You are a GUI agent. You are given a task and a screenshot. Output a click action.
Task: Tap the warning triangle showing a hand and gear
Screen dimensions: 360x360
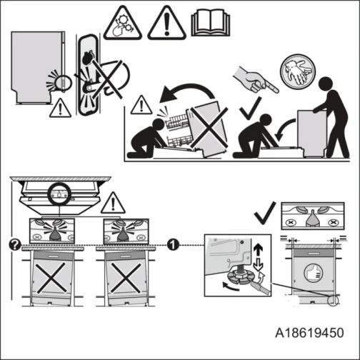pos(122,24)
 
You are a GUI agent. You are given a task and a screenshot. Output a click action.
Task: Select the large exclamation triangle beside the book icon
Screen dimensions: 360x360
pos(166,24)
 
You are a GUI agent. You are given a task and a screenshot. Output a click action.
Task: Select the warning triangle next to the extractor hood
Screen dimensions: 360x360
pos(112,205)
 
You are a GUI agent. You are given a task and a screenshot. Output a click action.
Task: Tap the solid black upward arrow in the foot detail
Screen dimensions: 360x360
pos(258,254)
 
